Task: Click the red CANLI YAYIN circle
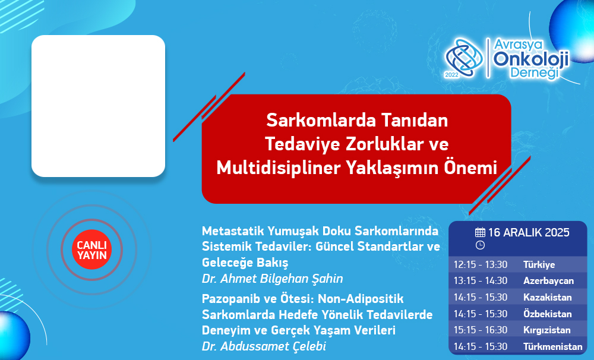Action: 91,250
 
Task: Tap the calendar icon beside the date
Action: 480,232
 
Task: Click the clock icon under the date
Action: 480,245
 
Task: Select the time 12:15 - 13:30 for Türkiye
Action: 481,264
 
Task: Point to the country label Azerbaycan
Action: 548,281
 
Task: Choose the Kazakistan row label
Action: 548,297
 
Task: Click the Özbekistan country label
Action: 548,314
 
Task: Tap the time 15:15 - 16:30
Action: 481,330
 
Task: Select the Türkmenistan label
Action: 552,346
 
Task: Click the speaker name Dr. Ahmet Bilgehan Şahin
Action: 273,279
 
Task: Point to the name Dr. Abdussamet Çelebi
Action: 264,346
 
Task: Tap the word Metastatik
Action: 233,230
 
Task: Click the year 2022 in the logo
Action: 451,75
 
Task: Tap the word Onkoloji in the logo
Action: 531,59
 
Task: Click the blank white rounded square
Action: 98,106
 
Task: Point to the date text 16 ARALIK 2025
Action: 529,232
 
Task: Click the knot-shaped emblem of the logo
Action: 464,57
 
